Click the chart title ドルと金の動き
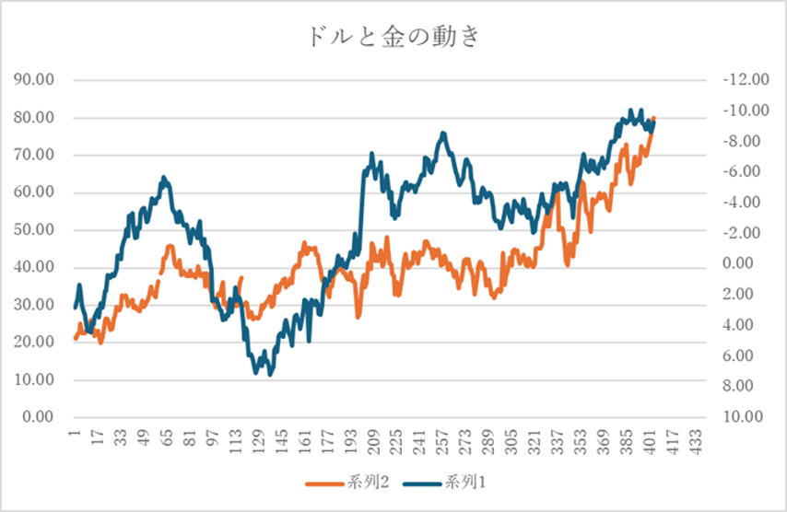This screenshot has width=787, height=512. (x=393, y=38)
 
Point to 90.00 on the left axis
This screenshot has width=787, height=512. (x=38, y=80)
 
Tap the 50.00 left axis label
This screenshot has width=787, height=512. (x=38, y=230)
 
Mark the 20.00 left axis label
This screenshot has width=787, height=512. (x=38, y=343)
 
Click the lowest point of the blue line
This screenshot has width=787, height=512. (x=270, y=374)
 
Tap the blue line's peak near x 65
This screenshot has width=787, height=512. (x=164, y=177)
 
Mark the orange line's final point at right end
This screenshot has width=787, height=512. (x=654, y=119)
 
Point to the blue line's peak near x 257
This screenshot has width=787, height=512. (x=443, y=134)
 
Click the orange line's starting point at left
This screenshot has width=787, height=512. (x=76, y=339)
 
